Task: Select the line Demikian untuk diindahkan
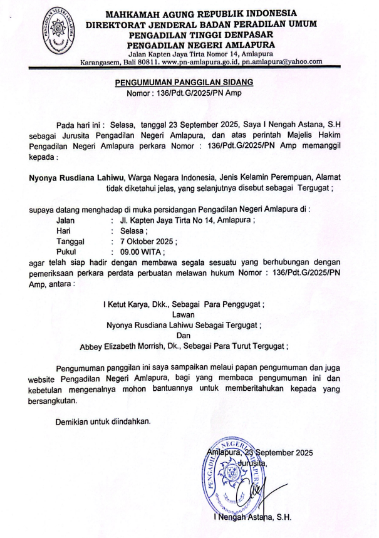(103, 422)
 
